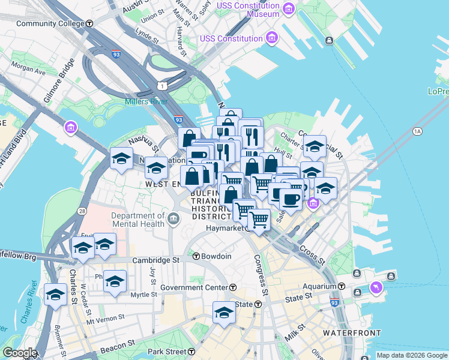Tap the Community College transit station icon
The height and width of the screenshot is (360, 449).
89,23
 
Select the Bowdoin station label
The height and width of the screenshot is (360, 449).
216,256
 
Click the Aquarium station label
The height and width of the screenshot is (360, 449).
319,287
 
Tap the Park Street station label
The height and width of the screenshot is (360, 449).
166,351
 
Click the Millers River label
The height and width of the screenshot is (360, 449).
146,101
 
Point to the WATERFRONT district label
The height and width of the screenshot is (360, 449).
352,332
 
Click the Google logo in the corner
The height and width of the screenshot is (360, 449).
19,353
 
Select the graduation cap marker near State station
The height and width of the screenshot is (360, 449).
224,312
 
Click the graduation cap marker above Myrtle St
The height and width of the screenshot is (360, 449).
115,281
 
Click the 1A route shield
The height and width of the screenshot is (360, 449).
417,130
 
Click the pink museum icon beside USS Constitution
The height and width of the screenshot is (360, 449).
273,38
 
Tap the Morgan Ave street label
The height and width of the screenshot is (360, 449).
28,67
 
